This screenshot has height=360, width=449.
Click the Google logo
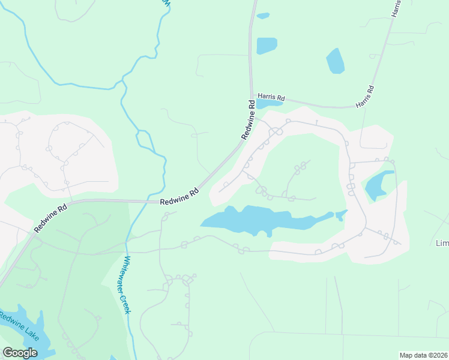tap(20, 353)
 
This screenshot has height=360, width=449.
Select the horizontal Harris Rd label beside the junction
tap(271, 96)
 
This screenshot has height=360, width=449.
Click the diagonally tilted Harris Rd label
tap(365, 97)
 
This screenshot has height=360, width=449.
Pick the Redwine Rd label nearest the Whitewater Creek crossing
tap(179, 197)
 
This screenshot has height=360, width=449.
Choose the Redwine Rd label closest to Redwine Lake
tap(50, 218)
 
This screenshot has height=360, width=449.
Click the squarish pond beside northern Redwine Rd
tap(267, 46)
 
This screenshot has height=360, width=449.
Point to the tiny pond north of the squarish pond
tap(263, 16)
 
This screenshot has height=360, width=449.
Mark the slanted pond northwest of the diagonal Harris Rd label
tap(336, 61)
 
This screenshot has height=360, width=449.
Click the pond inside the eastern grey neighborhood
tap(378, 184)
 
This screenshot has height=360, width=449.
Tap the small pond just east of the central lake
tap(342, 214)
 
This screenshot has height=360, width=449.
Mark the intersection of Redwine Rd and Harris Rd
tap(252, 97)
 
